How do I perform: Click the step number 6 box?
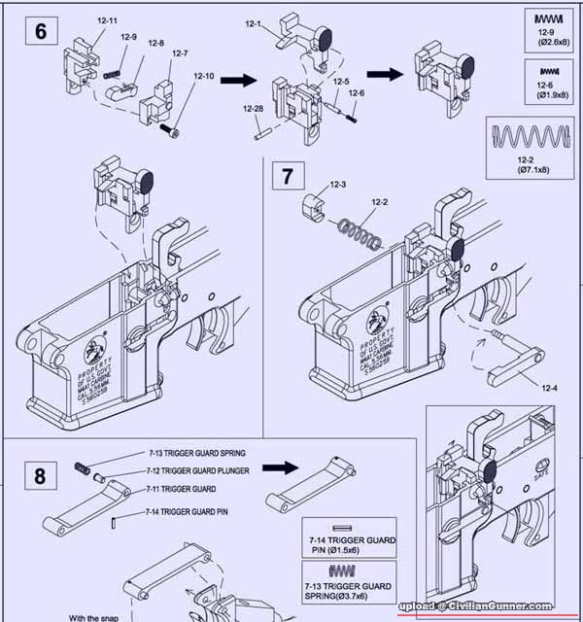tap(40, 30)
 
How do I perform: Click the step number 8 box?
tap(40, 476)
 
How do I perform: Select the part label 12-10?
tap(204, 76)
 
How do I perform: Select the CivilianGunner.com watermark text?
tap(495, 606)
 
